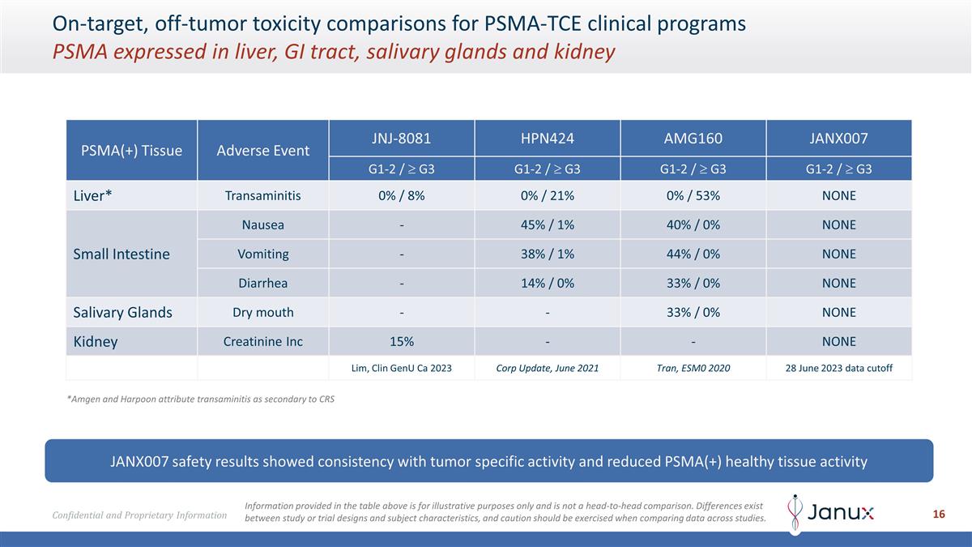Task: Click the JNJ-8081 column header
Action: pyautogui.click(x=402, y=138)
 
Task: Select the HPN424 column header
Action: pyautogui.click(x=548, y=138)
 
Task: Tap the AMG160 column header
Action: pyautogui.click(x=693, y=138)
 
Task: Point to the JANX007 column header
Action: pyautogui.click(x=838, y=138)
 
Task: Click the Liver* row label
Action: pyautogui.click(x=92, y=196)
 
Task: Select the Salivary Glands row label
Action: pyautogui.click(x=122, y=312)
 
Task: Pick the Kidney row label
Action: pyautogui.click(x=96, y=341)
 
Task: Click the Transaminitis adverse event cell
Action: pyautogui.click(x=262, y=196)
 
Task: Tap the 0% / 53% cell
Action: pyautogui.click(x=693, y=196)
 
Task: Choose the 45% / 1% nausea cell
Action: pyautogui.click(x=548, y=225)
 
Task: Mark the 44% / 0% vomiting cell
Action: pyautogui.click(x=693, y=254)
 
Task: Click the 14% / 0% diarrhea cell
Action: pyautogui.click(x=548, y=283)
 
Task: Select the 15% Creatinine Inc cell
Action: pyautogui.click(x=402, y=341)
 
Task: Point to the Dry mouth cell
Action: pyautogui.click(x=262, y=312)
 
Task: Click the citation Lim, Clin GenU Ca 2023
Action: pyautogui.click(x=402, y=368)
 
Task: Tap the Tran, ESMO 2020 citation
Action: pyautogui.click(x=693, y=368)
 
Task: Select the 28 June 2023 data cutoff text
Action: pyautogui.click(x=838, y=368)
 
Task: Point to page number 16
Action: pyautogui.click(x=939, y=514)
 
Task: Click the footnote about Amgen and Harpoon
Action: pyautogui.click(x=200, y=400)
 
